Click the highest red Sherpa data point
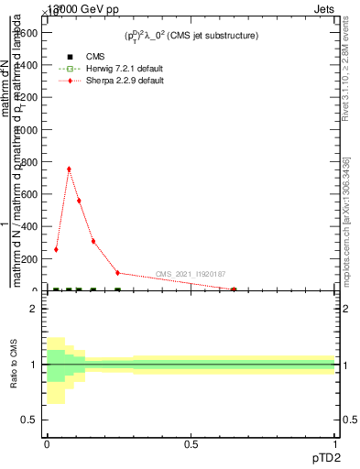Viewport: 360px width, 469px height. pyautogui.click(x=69, y=169)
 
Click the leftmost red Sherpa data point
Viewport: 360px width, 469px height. pyautogui.click(x=56, y=249)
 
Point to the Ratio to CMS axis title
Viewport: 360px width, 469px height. pyautogui.click(x=14, y=365)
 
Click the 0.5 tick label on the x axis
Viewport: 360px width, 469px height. pyautogui.click(x=191, y=443)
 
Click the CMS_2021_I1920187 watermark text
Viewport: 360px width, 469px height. pyautogui.click(x=190, y=274)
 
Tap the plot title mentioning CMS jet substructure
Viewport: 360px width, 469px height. pyautogui.click(x=191, y=36)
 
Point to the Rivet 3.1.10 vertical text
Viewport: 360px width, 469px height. pyautogui.click(x=346, y=73)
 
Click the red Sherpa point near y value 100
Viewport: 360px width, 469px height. pyautogui.click(x=117, y=273)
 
